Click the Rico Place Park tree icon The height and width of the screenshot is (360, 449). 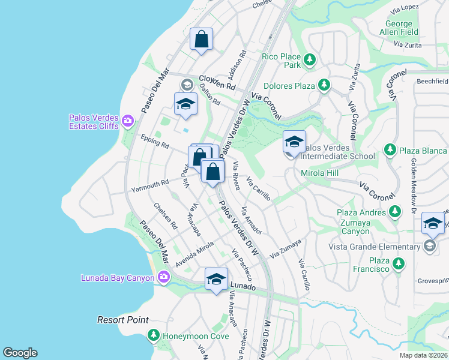click(x=309, y=59)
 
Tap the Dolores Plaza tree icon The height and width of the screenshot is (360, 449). click(x=324, y=85)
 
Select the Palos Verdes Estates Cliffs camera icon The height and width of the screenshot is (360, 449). click(x=127, y=122)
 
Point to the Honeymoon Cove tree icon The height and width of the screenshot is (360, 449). click(x=154, y=335)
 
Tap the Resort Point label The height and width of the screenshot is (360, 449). click(x=123, y=320)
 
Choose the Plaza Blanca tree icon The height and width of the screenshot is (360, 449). click(x=390, y=149)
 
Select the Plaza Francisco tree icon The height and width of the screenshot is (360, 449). click(x=398, y=263)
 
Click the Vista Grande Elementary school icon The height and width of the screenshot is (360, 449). click(x=429, y=247)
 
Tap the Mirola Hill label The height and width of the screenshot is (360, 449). click(x=321, y=173)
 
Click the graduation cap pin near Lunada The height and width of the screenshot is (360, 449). click(x=216, y=280)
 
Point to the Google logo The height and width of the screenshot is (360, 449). click(x=20, y=353)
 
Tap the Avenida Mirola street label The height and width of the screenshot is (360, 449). click(x=194, y=255)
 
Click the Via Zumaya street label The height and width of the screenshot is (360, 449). click(x=285, y=250)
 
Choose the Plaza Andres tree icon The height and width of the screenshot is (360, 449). click(x=395, y=211)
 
